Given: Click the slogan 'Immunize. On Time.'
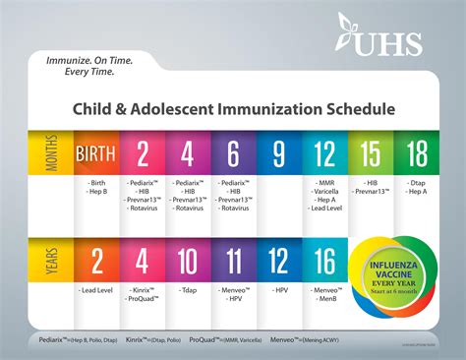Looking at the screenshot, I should (x=89, y=59).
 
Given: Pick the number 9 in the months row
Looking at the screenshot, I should (x=280, y=154).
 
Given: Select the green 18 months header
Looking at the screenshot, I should (x=418, y=154).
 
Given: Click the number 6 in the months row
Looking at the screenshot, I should (x=234, y=154).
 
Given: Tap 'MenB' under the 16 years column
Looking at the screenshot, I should (x=326, y=299).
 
